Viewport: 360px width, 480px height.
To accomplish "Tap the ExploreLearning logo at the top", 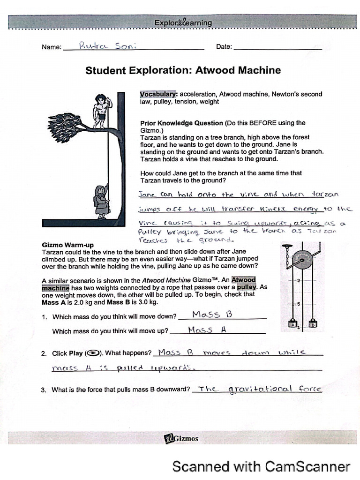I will (183, 22).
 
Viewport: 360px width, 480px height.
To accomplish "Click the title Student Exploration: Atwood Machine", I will (183, 70).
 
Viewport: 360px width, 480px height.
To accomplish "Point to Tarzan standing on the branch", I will (100, 111).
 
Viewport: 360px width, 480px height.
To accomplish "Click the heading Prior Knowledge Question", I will (181, 123).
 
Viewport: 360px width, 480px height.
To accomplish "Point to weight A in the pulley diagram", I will (292, 324).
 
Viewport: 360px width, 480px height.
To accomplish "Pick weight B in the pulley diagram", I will (312, 324).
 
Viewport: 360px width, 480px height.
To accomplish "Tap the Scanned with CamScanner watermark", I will (261, 466).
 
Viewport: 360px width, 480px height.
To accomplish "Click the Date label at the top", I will (224, 47).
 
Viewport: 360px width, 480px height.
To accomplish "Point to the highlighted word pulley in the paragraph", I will (247, 286).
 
